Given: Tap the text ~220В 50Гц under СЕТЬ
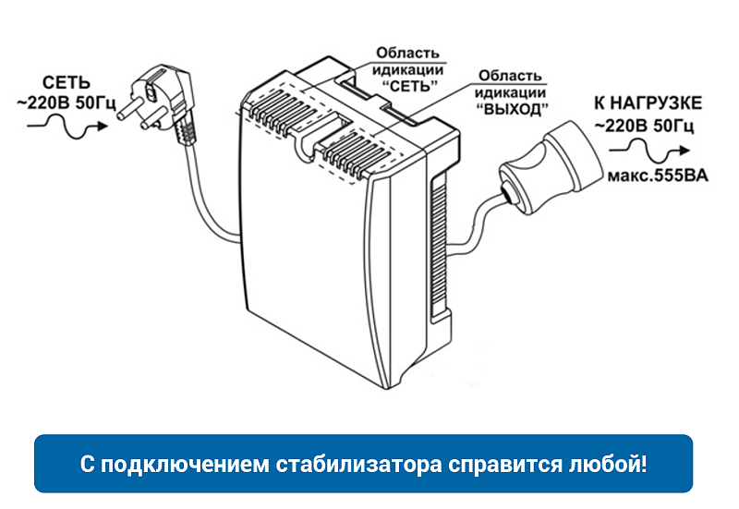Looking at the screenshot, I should [61, 103].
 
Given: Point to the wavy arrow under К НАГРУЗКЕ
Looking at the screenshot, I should [650, 150].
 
